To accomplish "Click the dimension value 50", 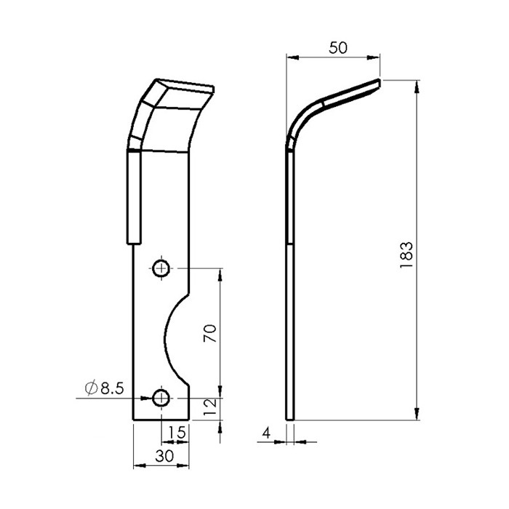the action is click(338, 48).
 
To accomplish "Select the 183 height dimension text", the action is click(406, 254).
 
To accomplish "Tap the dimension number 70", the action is click(209, 333).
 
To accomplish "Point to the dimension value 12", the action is click(209, 407).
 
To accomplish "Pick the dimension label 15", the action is click(177, 433).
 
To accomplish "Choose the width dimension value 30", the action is click(164, 456).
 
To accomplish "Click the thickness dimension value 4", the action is click(266, 433).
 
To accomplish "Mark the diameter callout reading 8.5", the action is click(105, 388).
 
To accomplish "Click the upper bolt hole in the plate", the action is click(161, 268).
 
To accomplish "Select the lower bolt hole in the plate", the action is click(161, 398).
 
